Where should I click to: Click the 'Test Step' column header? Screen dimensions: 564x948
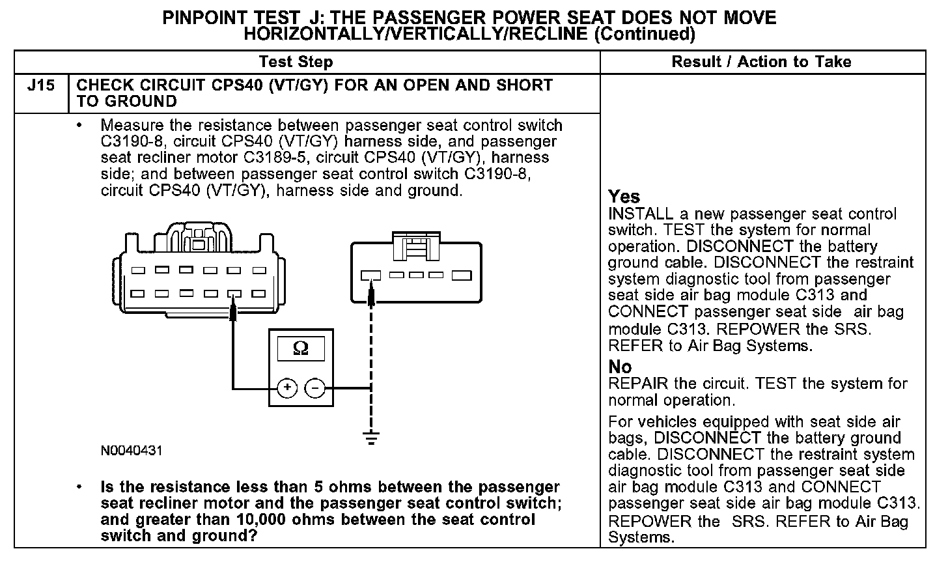pyautogui.click(x=296, y=63)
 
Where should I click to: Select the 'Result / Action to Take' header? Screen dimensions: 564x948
pyautogui.click(x=761, y=63)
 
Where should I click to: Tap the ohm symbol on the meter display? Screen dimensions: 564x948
pyautogui.click(x=301, y=349)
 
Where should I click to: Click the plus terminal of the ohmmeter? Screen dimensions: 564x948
pyautogui.click(x=286, y=389)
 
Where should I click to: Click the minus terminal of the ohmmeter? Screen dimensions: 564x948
pyautogui.click(x=314, y=389)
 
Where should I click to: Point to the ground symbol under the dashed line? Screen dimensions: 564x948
pyautogui.click(x=371, y=438)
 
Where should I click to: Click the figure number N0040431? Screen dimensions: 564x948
pyautogui.click(x=132, y=451)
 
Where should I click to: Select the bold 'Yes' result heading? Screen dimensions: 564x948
pyautogui.click(x=624, y=197)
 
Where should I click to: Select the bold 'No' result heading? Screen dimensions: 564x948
pyautogui.click(x=620, y=367)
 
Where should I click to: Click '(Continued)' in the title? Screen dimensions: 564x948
pyautogui.click(x=645, y=34)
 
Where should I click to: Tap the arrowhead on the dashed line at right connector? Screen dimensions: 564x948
pyautogui.click(x=371, y=294)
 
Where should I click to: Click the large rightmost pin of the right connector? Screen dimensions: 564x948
pyautogui.click(x=462, y=275)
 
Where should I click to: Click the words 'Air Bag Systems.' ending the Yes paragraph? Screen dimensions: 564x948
pyautogui.click(x=750, y=346)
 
